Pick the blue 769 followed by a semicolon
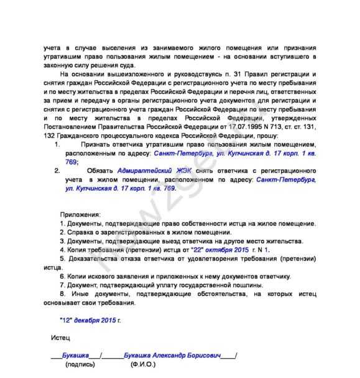coord(70,161)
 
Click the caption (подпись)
coord(79,365)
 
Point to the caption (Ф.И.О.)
coord(144,365)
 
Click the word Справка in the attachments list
coord(80,231)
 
